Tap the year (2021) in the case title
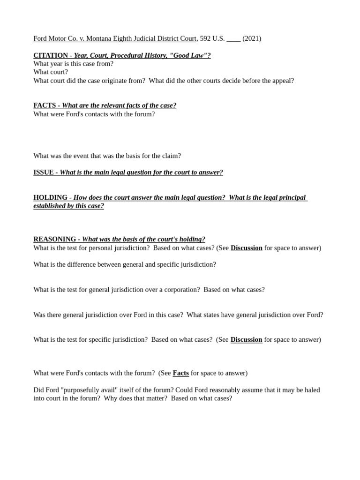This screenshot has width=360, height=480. pos(252,38)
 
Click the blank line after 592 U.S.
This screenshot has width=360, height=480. pos(233,38)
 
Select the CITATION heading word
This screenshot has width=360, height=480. pos(51,55)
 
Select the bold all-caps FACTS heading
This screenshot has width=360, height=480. pos(45,105)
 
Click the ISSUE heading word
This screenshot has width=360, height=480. pos(44,172)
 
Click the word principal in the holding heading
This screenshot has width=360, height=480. pos(291,197)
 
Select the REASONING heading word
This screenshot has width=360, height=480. pos(54,239)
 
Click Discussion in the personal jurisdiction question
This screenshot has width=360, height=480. pos(247,247)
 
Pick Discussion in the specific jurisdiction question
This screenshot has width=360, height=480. pos(246,339)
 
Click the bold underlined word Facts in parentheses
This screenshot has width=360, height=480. pos(180,373)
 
